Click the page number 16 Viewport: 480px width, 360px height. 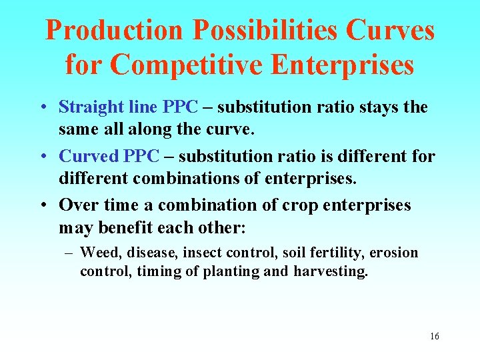click(435, 336)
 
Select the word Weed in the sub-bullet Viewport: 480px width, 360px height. click(97, 253)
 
